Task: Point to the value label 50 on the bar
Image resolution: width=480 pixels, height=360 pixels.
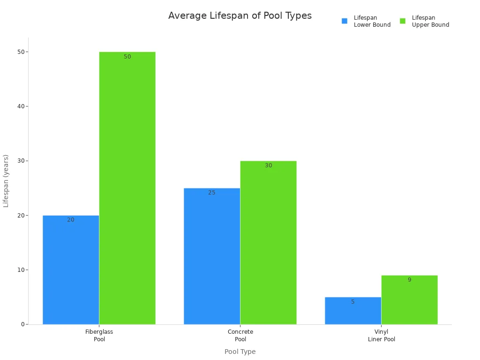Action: pos(127,57)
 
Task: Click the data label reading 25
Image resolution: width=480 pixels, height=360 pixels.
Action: pos(212,193)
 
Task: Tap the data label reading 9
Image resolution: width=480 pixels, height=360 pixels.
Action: pos(409,280)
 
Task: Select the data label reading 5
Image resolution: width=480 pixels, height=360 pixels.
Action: pos(353,302)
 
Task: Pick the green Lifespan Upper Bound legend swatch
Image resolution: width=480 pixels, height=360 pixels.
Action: pos(403,21)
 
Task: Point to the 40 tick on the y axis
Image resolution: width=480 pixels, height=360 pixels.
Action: pos(21,106)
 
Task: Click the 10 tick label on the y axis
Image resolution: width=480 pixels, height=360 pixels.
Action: pos(21,270)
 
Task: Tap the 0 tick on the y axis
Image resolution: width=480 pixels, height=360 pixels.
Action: pos(22,324)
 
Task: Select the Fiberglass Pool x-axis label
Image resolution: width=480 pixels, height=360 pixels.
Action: pos(99,335)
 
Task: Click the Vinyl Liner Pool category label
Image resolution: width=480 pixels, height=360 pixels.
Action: pos(381,335)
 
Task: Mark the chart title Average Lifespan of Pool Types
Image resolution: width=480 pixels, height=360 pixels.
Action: pos(240,16)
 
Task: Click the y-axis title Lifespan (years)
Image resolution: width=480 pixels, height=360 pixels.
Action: pos(6,180)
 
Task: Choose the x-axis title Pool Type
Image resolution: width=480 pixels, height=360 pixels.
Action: pos(240,352)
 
